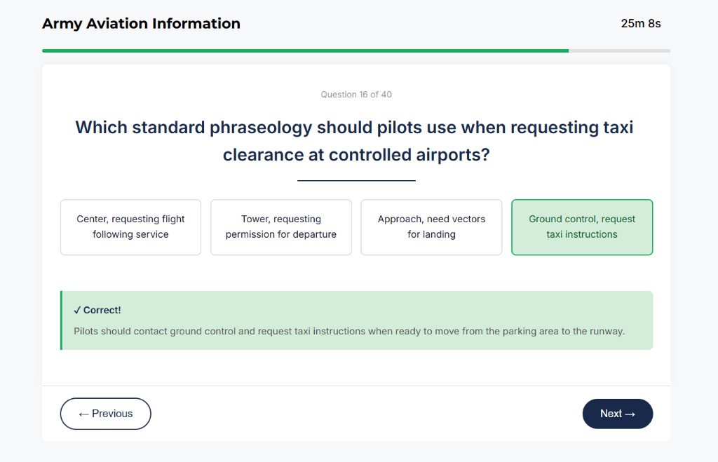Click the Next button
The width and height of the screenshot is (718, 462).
pyautogui.click(x=617, y=414)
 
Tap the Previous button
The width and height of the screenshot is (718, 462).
pyautogui.click(x=105, y=414)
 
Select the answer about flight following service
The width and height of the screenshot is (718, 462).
pyautogui.click(x=130, y=227)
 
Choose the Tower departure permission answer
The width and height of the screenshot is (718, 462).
pyautogui.click(x=280, y=227)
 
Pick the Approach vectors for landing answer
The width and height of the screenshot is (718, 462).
pyautogui.click(x=431, y=227)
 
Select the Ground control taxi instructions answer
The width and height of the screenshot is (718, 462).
pyautogui.click(x=582, y=227)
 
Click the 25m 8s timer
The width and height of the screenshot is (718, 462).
pyautogui.click(x=640, y=23)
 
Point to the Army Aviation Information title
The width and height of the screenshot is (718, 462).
pyautogui.click(x=141, y=23)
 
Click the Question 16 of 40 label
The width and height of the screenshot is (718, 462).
pyautogui.click(x=356, y=95)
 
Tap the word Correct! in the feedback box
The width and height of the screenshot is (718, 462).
pyautogui.click(x=102, y=310)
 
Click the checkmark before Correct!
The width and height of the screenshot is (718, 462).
pyautogui.click(x=77, y=310)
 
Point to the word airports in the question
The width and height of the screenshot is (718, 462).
pyautogui.click(x=447, y=155)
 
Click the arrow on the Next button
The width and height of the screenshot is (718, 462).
pyautogui.click(x=630, y=414)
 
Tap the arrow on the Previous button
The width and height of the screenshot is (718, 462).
pyautogui.click(x=83, y=414)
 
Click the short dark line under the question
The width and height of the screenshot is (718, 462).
pyautogui.click(x=356, y=180)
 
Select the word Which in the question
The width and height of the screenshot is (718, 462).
pyautogui.click(x=101, y=128)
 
